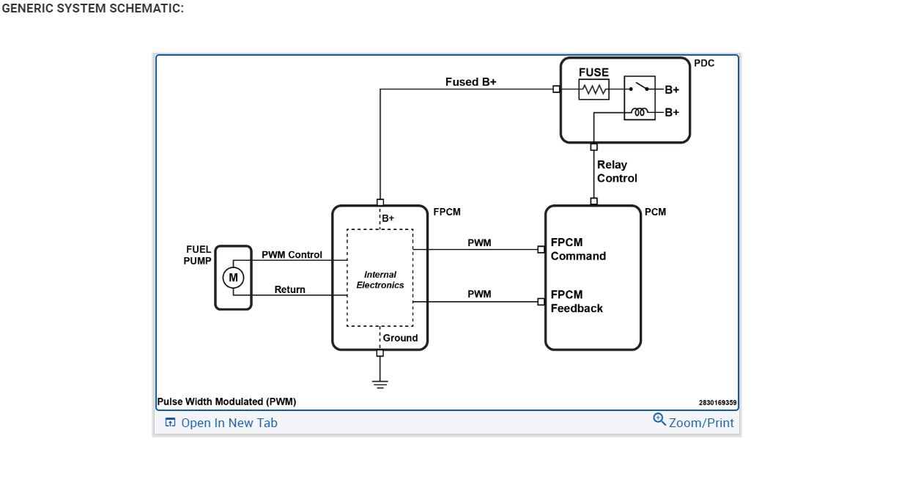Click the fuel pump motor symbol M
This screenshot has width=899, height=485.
click(x=233, y=278)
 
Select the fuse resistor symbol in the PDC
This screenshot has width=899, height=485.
click(x=593, y=89)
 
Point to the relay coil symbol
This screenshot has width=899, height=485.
click(x=640, y=112)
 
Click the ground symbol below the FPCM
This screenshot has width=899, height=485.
click(x=380, y=382)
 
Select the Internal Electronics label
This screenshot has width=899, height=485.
click(x=380, y=280)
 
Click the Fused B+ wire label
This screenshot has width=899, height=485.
click(x=470, y=82)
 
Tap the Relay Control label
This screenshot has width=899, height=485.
click(x=617, y=171)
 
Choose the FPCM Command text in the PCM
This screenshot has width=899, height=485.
click(x=578, y=249)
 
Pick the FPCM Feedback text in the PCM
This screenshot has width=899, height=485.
click(x=577, y=301)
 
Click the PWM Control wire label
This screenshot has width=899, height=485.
click(x=292, y=255)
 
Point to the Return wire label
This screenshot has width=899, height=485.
click(x=289, y=289)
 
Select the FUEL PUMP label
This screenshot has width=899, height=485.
click(x=198, y=255)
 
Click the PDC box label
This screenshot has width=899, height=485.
click(x=704, y=64)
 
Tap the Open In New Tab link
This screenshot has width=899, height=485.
click(x=221, y=423)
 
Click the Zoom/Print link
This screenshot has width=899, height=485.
click(x=694, y=422)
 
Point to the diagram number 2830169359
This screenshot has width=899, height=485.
click(x=717, y=402)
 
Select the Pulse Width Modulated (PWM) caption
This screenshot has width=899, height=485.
click(x=226, y=401)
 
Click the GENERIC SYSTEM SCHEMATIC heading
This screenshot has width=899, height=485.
click(x=92, y=9)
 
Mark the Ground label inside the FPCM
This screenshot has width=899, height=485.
click(x=400, y=338)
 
